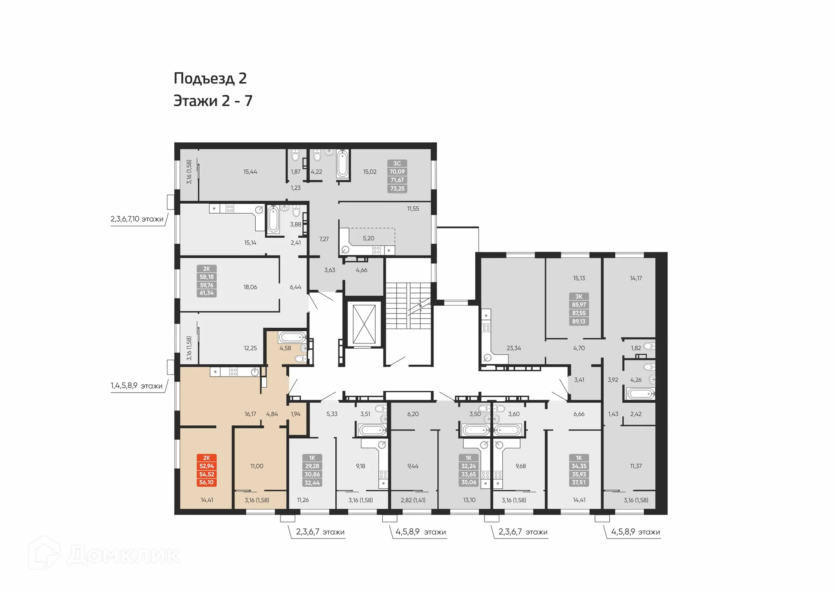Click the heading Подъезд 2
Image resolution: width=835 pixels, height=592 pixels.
pos(210,79)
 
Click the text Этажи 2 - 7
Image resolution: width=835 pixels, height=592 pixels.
pos(213,101)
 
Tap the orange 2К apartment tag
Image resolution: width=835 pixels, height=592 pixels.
pos(207,470)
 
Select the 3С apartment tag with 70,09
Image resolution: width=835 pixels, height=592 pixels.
pos(397,176)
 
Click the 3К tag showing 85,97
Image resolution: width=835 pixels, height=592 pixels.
pos(579,309)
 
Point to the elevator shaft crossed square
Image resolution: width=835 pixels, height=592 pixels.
pos(364,324)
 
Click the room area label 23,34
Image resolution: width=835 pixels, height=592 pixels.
pos(514,348)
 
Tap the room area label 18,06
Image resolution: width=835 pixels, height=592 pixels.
pos(250,287)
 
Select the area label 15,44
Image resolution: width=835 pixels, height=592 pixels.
pos(250,172)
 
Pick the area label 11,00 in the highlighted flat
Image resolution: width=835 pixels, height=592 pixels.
pos(257,466)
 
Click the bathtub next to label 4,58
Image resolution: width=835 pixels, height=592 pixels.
pos(292,337)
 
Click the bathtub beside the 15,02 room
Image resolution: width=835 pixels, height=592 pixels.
pos(343,165)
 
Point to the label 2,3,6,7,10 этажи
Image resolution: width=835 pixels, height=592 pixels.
pos(137,219)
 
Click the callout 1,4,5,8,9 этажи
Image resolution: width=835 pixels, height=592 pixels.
pos(137,386)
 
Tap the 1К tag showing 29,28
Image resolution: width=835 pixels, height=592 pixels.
pos(312,471)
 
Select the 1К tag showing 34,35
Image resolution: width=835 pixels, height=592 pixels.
pos(579,470)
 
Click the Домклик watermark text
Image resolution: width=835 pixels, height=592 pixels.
pos(124,555)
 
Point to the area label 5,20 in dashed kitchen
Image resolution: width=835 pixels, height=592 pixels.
pos(368,239)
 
